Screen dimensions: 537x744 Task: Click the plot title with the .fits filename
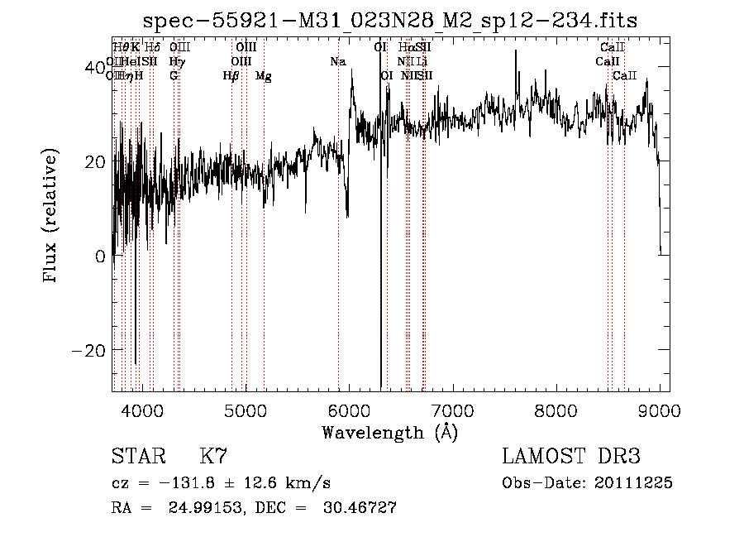pyautogui.click(x=389, y=20)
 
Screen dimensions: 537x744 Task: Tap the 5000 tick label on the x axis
pyautogui.click(x=246, y=409)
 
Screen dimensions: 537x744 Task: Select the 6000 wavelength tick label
pyautogui.click(x=350, y=409)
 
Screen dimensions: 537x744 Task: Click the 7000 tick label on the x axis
pyautogui.click(x=453, y=409)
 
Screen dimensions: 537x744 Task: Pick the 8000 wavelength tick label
pyautogui.click(x=556, y=409)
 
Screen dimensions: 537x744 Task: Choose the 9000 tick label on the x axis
pyautogui.click(x=660, y=409)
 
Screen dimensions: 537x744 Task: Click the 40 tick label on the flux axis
pyautogui.click(x=96, y=66)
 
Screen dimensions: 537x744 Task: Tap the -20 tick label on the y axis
pyautogui.click(x=90, y=350)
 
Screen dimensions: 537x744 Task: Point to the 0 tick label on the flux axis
pyautogui.click(x=100, y=256)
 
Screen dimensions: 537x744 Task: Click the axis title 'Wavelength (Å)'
pyautogui.click(x=389, y=432)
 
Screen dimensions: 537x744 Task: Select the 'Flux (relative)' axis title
pyautogui.click(x=52, y=217)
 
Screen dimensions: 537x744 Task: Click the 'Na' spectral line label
pyautogui.click(x=337, y=62)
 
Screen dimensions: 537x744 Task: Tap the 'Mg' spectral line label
pyautogui.click(x=263, y=76)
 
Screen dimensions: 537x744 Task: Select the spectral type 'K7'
pyautogui.click(x=213, y=457)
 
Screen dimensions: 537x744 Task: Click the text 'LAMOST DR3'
pyautogui.click(x=570, y=457)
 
